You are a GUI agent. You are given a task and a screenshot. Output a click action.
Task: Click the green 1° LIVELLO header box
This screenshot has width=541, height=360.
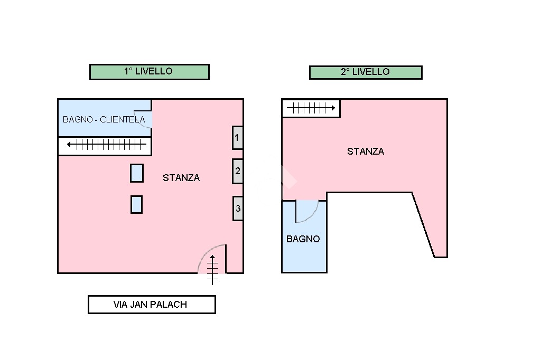coord(150,72)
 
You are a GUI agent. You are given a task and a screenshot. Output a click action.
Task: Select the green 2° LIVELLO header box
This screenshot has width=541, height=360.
coord(366,72)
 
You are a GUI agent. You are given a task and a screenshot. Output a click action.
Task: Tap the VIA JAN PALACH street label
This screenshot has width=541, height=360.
coord(152,305)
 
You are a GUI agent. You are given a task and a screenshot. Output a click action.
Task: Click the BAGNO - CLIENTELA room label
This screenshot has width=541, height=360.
coord(104,120)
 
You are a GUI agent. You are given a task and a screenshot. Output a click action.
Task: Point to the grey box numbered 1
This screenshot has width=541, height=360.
coord(237,138)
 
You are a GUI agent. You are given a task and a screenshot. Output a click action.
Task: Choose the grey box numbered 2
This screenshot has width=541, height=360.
coord(237,171)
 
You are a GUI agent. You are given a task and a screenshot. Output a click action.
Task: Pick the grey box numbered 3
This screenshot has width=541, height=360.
coord(238,209)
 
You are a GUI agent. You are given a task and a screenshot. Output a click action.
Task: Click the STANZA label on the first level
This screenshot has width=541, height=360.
coord(181,178)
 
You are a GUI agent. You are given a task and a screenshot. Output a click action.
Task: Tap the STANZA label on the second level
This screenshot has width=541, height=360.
coord(366,151)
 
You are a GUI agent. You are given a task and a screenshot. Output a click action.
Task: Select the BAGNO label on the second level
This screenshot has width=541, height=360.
coord(303,239)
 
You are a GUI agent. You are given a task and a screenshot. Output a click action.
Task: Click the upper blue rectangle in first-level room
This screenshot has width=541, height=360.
coord(137,173)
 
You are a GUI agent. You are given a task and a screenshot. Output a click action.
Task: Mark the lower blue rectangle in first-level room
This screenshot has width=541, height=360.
coord(137,204)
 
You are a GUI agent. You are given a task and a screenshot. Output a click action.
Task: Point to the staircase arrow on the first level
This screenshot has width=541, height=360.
coord(107,145)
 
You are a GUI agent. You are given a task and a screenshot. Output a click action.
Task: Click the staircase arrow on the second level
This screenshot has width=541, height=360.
coord(311,108)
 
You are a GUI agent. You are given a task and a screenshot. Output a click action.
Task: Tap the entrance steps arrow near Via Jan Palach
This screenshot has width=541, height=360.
coord(212,270)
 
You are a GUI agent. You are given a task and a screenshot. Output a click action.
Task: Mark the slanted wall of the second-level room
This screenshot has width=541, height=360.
coord(423,225)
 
